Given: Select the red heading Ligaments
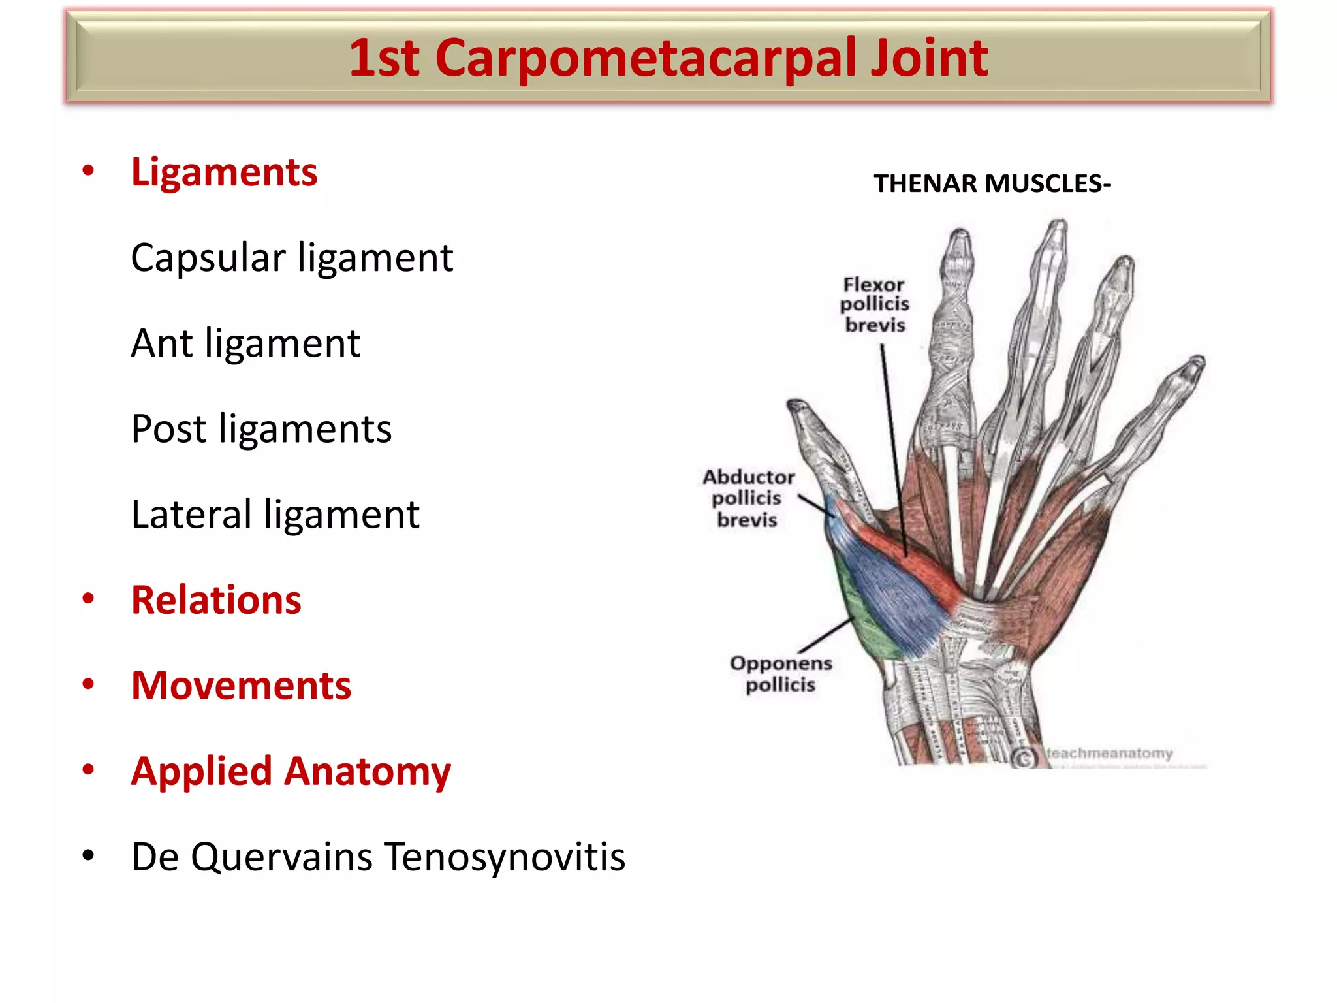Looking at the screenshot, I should (224, 172).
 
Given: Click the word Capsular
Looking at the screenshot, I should (208, 258).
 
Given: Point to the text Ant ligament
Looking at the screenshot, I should (245, 343).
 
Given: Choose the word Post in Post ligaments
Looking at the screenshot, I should (168, 429).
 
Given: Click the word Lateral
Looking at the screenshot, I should (191, 515).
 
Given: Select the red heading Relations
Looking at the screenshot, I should (216, 600).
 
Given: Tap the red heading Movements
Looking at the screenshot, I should (241, 686).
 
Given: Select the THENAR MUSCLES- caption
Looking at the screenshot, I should (992, 183).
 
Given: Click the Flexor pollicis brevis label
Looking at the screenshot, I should (874, 305).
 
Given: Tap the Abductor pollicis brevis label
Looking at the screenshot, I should (748, 498).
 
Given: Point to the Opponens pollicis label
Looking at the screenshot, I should (781, 674).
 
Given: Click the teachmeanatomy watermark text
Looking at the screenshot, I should (1110, 754).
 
